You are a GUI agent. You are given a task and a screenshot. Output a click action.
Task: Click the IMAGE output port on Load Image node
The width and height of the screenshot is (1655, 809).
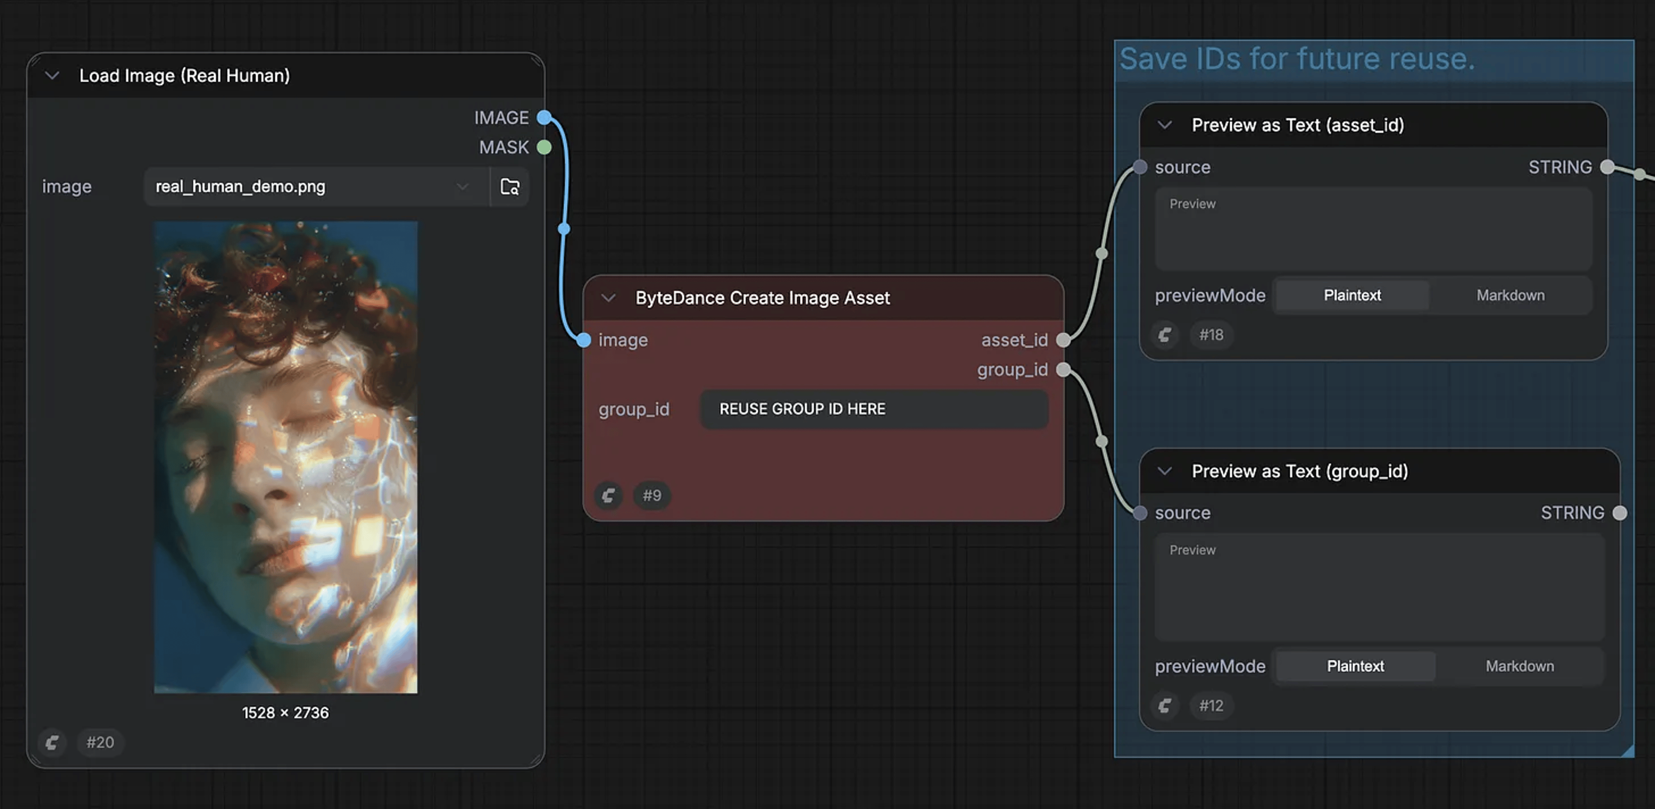[544, 117]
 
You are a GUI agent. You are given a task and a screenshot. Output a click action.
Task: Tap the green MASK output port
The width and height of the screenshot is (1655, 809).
[544, 147]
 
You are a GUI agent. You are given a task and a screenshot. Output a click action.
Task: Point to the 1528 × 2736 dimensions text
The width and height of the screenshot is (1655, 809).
[285, 713]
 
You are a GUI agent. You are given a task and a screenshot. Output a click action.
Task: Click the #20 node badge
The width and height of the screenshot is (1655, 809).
[100, 742]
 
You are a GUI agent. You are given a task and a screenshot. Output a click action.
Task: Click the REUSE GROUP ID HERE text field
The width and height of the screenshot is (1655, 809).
[874, 409]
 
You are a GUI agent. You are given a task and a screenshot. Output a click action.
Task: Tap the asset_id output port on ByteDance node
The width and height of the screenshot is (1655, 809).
[1063, 340]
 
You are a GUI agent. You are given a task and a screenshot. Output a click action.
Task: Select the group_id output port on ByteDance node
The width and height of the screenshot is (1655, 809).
[1063, 369]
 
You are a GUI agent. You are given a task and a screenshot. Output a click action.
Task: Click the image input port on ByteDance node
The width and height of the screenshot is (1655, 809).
[583, 340]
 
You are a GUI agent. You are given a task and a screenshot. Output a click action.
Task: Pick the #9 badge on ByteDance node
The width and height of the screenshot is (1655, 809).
[652, 495]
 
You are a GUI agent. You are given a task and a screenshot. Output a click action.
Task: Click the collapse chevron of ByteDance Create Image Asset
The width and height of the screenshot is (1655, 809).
[608, 298]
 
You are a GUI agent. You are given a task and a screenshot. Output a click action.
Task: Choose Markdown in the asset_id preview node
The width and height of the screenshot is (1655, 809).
[1511, 295]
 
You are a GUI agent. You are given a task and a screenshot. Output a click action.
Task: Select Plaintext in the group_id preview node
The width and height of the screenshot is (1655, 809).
[1355, 666]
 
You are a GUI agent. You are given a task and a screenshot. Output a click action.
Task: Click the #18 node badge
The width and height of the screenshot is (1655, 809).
[1211, 335]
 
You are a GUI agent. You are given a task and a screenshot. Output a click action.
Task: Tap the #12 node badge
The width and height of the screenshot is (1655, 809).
[1211, 706]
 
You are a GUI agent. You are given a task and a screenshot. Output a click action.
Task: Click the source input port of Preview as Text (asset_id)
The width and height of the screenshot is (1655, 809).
[1140, 167]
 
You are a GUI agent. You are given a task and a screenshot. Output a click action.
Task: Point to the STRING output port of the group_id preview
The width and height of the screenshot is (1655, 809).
[1620, 513]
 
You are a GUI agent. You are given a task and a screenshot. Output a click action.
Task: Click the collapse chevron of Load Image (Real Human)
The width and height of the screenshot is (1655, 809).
[52, 76]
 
